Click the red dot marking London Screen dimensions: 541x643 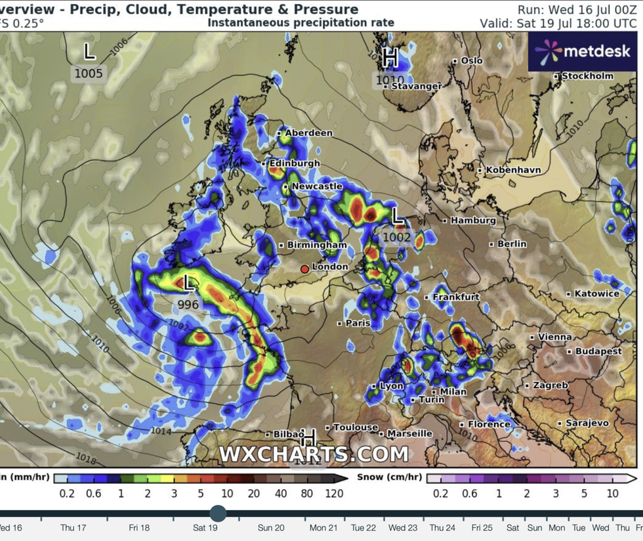pyautogui.click(x=304, y=269)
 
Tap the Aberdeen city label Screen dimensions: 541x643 pyautogui.click(x=308, y=133)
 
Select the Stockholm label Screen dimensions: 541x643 pyautogui.click(x=588, y=76)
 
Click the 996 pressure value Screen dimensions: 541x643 pyautogui.click(x=188, y=305)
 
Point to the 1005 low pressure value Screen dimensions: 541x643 pyautogui.click(x=89, y=73)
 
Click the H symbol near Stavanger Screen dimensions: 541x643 pyautogui.click(x=390, y=58)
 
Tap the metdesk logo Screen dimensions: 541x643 pyautogui.click(x=583, y=51)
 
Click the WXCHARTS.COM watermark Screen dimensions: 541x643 pyautogui.click(x=314, y=454)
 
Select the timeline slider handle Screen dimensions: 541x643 pyautogui.click(x=218, y=513)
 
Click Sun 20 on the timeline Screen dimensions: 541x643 pyautogui.click(x=271, y=527)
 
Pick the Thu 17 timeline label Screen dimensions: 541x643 pyautogui.click(x=73, y=527)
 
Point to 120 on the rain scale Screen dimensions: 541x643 pyautogui.click(x=334, y=493)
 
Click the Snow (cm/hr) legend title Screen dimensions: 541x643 pyautogui.click(x=389, y=478)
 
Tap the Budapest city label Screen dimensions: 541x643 pyautogui.click(x=598, y=351)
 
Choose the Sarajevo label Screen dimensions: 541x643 pyautogui.click(x=587, y=423)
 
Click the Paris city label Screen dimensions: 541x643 pyautogui.click(x=358, y=323)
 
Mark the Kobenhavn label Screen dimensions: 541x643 pyautogui.click(x=513, y=169)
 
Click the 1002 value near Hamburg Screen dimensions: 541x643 pyautogui.click(x=397, y=238)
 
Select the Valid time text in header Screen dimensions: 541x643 pyautogui.click(x=558, y=23)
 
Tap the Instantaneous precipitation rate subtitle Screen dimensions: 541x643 pyautogui.click(x=301, y=22)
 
